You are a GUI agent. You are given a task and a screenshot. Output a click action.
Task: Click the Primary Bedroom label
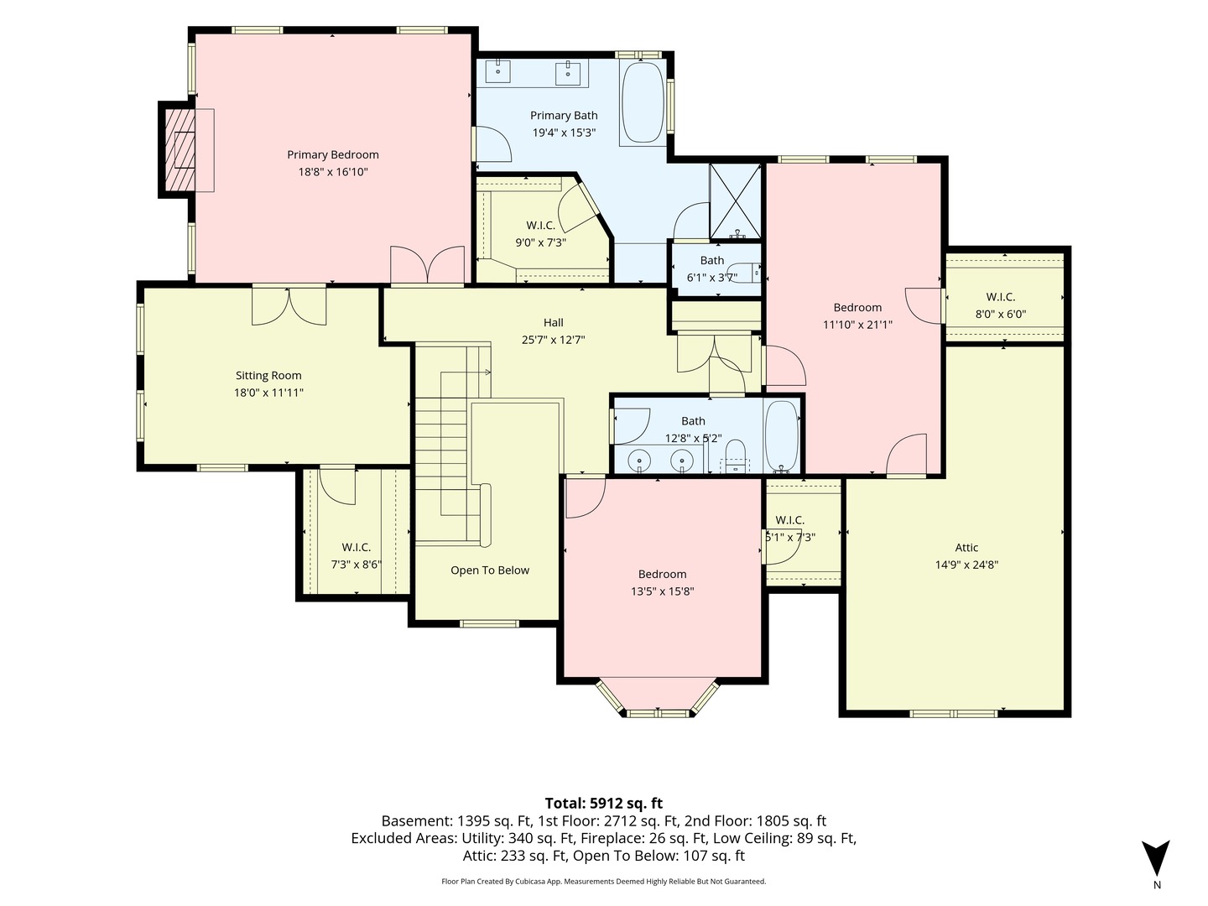click(332, 154)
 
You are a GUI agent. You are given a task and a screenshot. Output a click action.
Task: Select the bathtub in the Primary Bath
click(643, 103)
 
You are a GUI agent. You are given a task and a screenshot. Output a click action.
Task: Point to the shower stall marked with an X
click(735, 202)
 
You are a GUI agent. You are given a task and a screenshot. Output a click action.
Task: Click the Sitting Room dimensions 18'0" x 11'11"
click(268, 393)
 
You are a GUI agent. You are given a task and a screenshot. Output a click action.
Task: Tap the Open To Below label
click(490, 570)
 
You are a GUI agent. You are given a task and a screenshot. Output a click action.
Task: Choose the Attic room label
click(966, 547)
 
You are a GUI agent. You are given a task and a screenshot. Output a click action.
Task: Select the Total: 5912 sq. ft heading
click(604, 803)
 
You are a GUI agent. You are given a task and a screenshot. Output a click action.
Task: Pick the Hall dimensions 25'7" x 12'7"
click(553, 340)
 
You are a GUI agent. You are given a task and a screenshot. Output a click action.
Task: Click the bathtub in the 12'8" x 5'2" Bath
click(782, 435)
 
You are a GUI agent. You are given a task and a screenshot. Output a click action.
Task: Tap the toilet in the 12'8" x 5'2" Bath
click(735, 458)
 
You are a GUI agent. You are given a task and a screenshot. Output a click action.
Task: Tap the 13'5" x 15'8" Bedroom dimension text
click(662, 591)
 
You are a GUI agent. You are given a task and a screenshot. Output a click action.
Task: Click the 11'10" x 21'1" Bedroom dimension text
click(857, 325)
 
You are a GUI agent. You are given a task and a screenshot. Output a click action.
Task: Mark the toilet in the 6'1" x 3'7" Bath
click(750, 273)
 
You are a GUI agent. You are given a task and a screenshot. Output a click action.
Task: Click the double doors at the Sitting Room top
click(289, 306)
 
